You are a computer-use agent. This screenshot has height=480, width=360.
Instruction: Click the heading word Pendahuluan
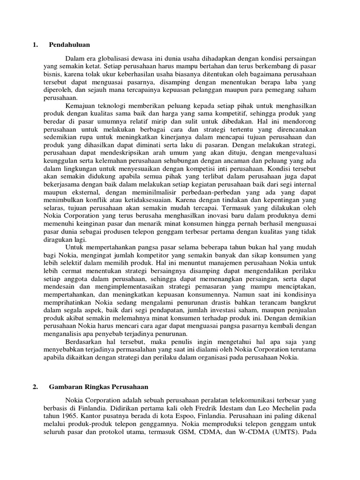69,45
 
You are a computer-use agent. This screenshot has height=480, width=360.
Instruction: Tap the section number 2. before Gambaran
34,387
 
